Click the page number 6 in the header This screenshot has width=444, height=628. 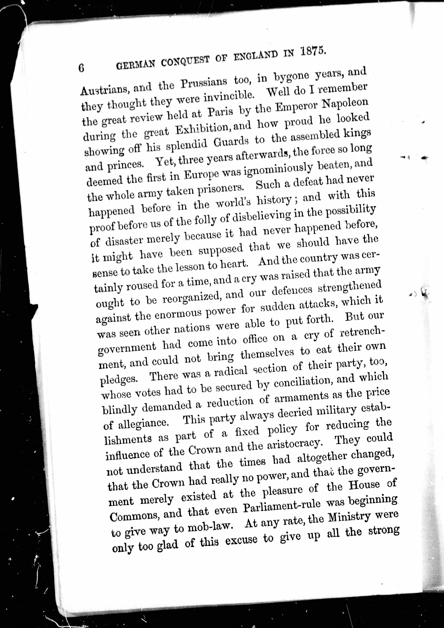click(81, 68)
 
